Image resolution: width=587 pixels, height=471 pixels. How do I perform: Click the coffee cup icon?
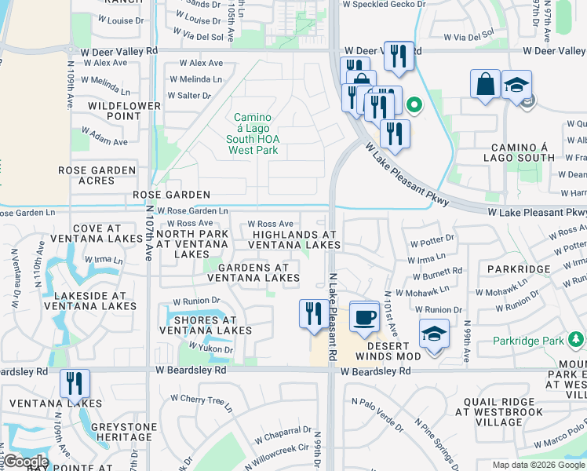pos(363,317)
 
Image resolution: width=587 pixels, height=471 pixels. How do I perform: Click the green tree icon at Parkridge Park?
pos(577,340)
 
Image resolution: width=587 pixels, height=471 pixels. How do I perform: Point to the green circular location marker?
pos(414,104)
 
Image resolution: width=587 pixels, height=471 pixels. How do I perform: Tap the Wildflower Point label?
pos(114,111)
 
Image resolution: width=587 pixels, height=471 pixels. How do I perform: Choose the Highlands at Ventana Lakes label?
pos(295,240)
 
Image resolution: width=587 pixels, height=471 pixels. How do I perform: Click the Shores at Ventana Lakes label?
pos(206,325)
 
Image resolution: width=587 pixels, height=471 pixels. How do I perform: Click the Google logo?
pos(26,462)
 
